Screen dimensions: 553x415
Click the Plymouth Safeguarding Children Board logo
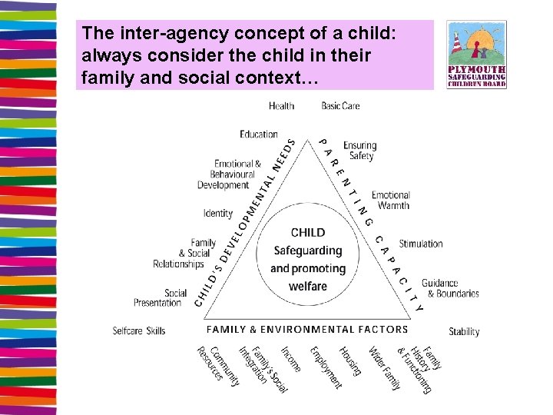click(x=476, y=55)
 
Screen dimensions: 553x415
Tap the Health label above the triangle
click(x=282, y=105)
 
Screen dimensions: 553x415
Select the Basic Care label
click(x=340, y=105)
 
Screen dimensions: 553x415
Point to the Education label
click(x=259, y=134)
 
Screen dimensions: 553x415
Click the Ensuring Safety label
click(x=359, y=151)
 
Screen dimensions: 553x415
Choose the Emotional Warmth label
click(x=391, y=201)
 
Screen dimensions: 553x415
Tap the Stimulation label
click(x=421, y=244)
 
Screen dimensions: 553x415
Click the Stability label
click(x=464, y=332)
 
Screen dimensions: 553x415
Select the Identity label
click(x=218, y=213)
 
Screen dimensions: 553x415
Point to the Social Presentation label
click(x=159, y=298)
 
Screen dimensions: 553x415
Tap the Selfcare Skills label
click(x=139, y=330)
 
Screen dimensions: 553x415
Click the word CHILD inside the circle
click(x=308, y=232)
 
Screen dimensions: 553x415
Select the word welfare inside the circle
click(x=308, y=287)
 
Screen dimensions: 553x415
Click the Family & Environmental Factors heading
click(x=307, y=329)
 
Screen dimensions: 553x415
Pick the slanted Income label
click(x=291, y=358)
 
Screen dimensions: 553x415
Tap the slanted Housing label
click(x=350, y=360)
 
